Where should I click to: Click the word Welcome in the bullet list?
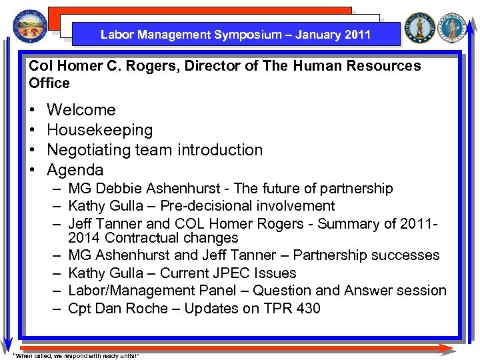tap(81, 110)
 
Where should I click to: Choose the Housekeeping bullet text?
tap(100, 130)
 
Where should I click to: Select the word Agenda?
tap(75, 170)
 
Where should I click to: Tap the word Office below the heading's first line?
tap(49, 83)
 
